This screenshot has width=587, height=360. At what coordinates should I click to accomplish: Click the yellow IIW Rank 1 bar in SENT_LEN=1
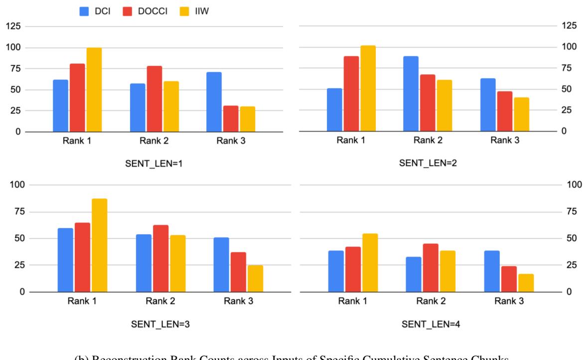tap(94, 90)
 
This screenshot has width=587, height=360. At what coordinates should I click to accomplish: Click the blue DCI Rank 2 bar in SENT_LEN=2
tap(411, 94)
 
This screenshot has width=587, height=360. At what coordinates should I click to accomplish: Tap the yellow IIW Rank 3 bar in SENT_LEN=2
tap(522, 114)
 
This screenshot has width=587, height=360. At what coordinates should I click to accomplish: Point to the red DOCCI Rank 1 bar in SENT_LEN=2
tap(351, 94)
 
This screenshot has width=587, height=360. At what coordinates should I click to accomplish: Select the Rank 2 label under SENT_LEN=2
tap(428, 140)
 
